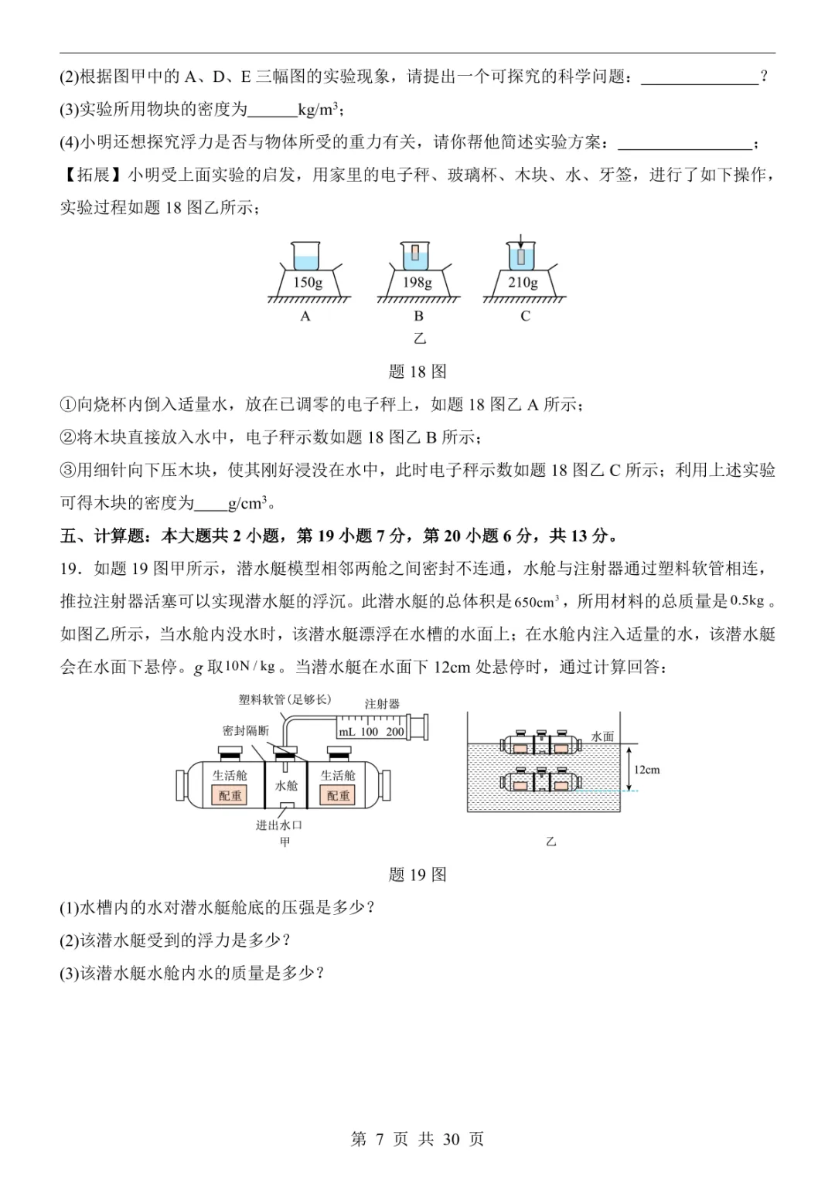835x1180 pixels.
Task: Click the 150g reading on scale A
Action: point(308,283)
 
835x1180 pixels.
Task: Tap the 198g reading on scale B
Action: point(417,283)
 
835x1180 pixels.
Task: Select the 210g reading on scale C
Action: point(523,283)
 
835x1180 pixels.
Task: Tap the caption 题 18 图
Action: point(417,372)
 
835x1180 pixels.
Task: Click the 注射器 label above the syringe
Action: point(382,704)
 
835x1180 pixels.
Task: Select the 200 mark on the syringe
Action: point(394,731)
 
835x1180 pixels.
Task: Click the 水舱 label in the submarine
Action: point(286,785)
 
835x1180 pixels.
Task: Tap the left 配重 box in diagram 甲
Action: point(230,795)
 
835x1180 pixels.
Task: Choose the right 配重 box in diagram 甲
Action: point(338,795)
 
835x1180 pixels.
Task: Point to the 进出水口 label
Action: point(278,825)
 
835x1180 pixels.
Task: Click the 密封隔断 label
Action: point(245,730)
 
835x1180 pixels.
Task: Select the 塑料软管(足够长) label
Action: point(285,699)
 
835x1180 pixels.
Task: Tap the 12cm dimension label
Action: point(647,770)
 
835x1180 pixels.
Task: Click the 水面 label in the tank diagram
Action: point(602,736)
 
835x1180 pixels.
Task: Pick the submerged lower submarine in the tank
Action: point(541,781)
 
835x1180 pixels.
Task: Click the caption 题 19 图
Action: point(417,875)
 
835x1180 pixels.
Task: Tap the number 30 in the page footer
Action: point(452,1139)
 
